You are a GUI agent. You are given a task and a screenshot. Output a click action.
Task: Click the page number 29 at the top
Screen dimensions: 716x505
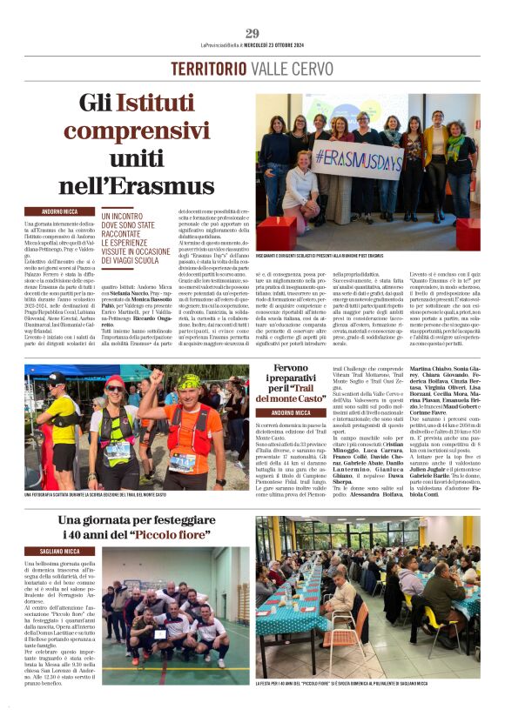[252, 33]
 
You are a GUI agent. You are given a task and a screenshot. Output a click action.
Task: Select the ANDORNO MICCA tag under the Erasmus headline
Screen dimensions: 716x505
[59, 211]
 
